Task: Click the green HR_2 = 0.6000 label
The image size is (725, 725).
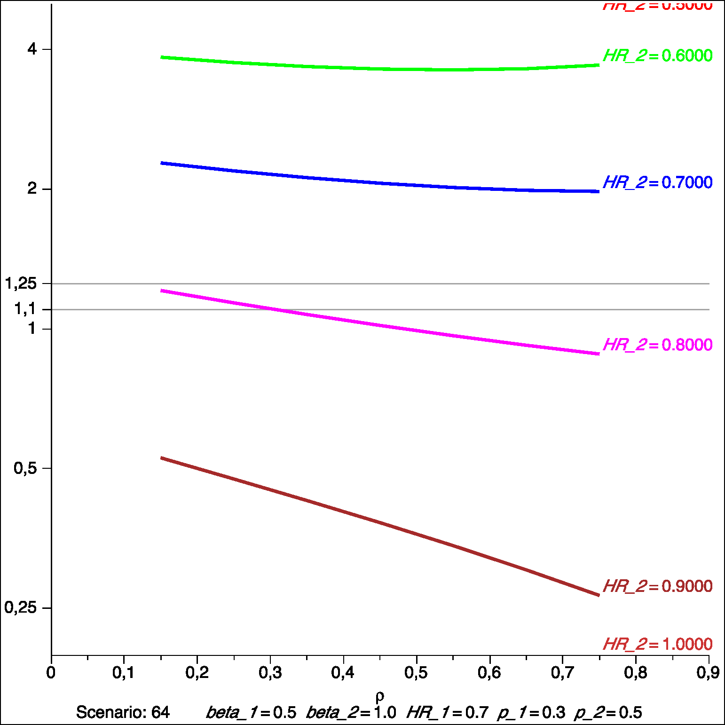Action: (657, 55)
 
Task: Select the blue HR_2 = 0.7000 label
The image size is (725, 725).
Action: (657, 182)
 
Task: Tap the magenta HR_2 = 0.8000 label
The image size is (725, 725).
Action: (657, 345)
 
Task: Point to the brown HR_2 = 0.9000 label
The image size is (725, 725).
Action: (657, 586)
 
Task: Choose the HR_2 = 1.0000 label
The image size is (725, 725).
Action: (657, 644)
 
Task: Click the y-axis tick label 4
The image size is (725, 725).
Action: (32, 49)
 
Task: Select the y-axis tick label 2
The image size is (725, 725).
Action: (32, 189)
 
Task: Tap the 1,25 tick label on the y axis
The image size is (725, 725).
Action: (21, 284)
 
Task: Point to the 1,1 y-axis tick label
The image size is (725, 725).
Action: (25, 309)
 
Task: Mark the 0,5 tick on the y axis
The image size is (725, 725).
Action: (25, 468)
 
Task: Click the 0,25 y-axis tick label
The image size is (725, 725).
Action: (21, 607)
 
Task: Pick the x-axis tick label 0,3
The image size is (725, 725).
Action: (270, 673)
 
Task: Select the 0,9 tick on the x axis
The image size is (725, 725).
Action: (708, 673)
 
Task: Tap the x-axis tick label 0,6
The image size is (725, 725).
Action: (489, 673)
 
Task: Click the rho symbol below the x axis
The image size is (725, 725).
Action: (380, 696)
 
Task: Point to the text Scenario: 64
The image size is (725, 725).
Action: (123, 712)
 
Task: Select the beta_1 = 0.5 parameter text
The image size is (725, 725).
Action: (251, 713)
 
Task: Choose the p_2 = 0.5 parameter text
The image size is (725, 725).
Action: (608, 713)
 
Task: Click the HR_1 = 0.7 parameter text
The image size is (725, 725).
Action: (447, 713)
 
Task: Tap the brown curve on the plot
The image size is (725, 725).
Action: (376, 521)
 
